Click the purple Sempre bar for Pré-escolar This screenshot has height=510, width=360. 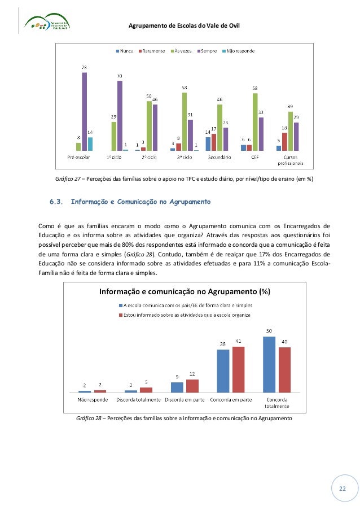pos(85,111)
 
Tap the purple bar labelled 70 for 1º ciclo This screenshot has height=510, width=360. pos(120,116)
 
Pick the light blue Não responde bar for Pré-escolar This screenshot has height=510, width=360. pos(90,144)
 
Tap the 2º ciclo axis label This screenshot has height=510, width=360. pos(150,158)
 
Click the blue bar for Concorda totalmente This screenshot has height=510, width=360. pos(269,364)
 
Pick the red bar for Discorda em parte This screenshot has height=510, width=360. pos(192,386)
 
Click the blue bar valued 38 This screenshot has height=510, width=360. pos(223,370)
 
